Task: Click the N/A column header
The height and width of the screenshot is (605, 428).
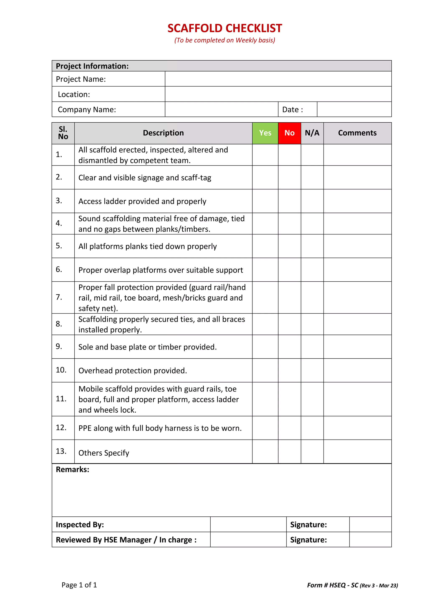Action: click(x=312, y=133)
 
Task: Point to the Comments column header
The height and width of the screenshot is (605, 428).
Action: click(x=357, y=133)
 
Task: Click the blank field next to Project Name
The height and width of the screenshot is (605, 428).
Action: click(x=278, y=79)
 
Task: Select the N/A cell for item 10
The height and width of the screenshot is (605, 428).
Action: click(x=312, y=370)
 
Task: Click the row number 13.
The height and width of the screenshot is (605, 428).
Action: click(x=61, y=451)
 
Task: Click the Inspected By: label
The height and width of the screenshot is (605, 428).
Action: click(x=80, y=524)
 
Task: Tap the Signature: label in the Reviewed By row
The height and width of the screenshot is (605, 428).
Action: click(x=308, y=540)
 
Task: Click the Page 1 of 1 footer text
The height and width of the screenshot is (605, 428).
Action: click(x=79, y=585)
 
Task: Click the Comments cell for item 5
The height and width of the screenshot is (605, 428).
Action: click(x=357, y=246)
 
